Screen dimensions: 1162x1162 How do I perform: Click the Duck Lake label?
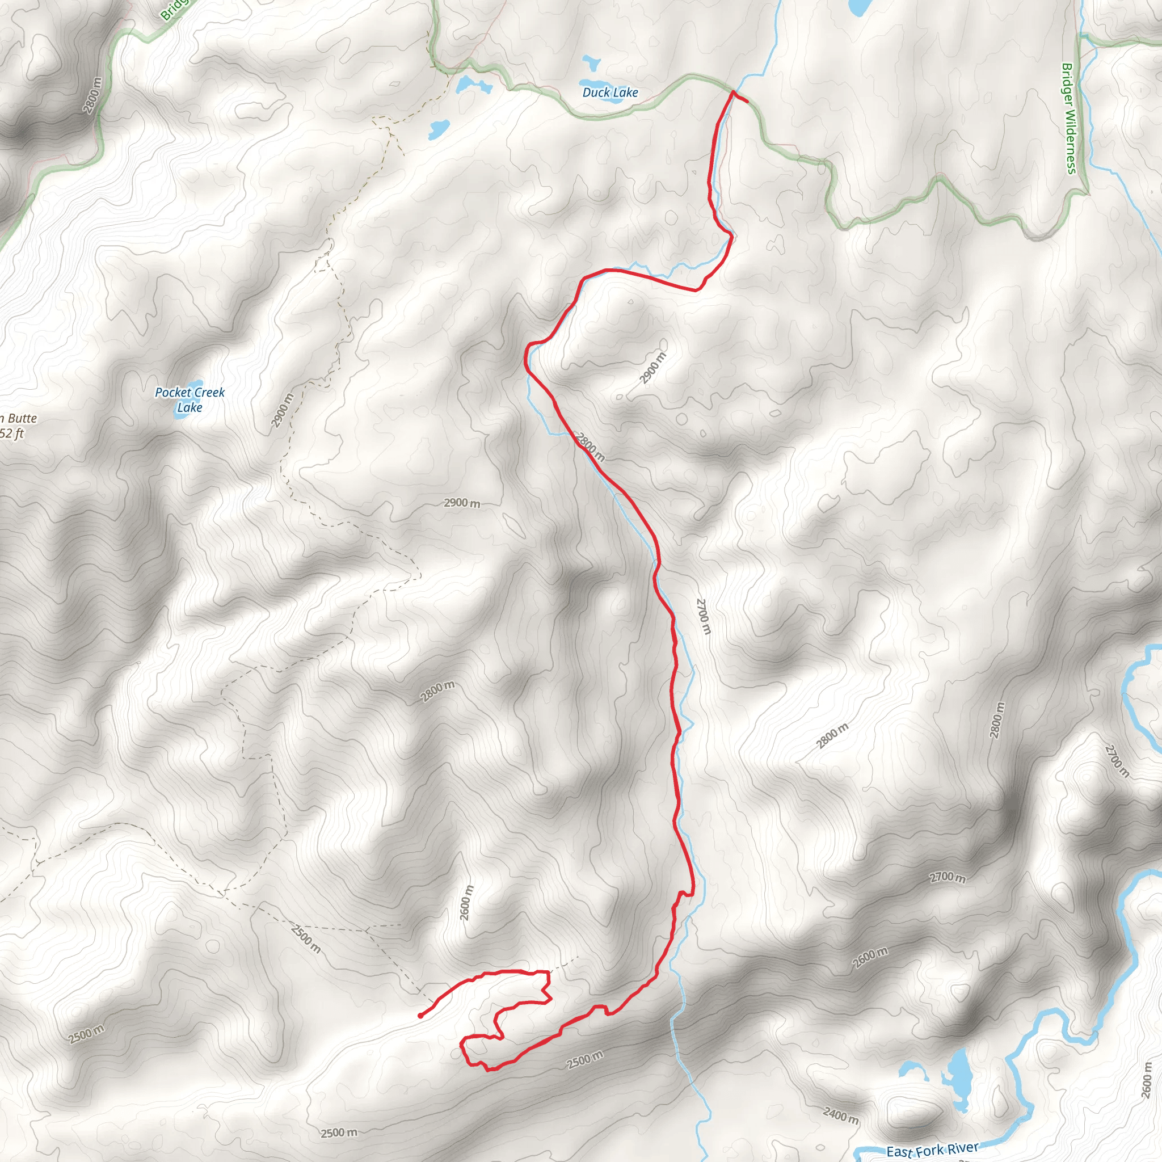[x=610, y=92]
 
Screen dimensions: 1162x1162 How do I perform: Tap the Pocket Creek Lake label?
[x=190, y=400]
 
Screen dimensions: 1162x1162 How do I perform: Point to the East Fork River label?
[x=932, y=1150]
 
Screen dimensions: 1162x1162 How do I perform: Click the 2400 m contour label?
[x=840, y=1116]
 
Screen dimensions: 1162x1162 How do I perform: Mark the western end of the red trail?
[x=420, y=1016]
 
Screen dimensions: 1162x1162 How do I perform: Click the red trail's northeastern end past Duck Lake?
[x=747, y=101]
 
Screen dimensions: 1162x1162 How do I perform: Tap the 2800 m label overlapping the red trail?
[x=591, y=447]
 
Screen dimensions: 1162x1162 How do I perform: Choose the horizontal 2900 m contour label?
[x=462, y=503]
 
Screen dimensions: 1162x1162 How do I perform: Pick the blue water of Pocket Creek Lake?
[x=191, y=385]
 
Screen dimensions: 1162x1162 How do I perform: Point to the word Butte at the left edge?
[x=22, y=419]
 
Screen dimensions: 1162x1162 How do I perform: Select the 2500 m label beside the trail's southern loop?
[x=584, y=1059]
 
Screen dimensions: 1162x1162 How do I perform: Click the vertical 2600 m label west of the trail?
[x=466, y=903]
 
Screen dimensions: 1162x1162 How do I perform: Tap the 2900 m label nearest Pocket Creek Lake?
[x=282, y=410]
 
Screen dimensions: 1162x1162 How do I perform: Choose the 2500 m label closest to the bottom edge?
[x=339, y=1133]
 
